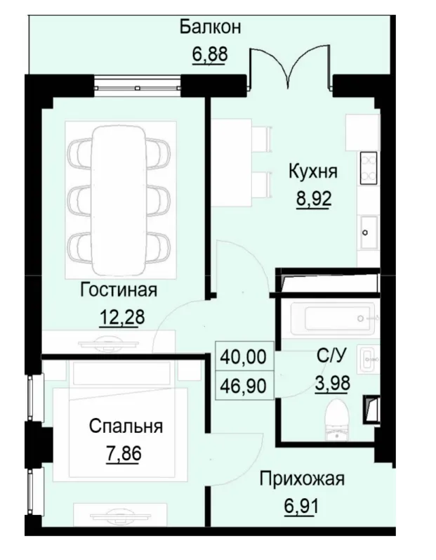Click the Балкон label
210,27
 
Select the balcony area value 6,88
210,54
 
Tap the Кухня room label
312,171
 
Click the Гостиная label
119,290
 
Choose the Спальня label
126,426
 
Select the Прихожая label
302,480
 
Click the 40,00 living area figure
243,357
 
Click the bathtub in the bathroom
329,319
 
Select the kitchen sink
368,233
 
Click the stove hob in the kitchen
369,169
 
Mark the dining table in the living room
119,197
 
